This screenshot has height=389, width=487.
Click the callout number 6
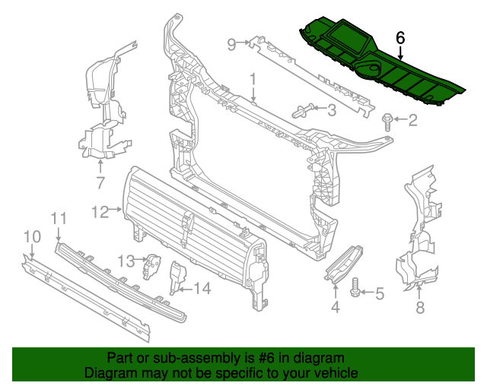click(400, 37)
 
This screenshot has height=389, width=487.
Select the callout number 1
click(253, 78)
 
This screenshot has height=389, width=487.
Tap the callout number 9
click(232, 44)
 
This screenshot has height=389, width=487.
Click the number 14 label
click(202, 288)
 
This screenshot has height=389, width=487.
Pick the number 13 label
click(126, 261)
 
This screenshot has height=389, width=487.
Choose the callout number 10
click(30, 237)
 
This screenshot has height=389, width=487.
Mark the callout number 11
click(59, 220)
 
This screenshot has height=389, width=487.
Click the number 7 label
click(100, 182)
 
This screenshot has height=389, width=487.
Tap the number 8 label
click(419, 308)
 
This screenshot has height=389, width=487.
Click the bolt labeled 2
click(388, 119)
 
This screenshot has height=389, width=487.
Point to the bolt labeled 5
click(355, 290)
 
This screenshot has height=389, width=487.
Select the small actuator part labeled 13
click(154, 266)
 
